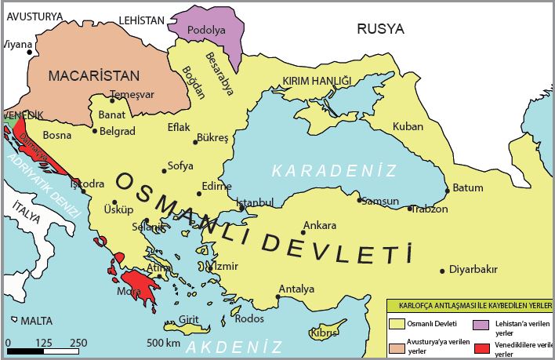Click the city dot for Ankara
pos(303,232)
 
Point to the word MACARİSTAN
pos(93,76)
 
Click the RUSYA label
pos(380,29)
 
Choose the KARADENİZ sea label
pos(335,170)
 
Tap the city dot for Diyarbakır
pos(442,270)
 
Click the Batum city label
pos(468,187)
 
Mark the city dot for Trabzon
pos(410,208)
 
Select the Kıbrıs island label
pos(325,333)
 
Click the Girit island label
pos(189,319)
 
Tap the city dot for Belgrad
pos(95,130)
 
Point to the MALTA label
pos(36,321)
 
